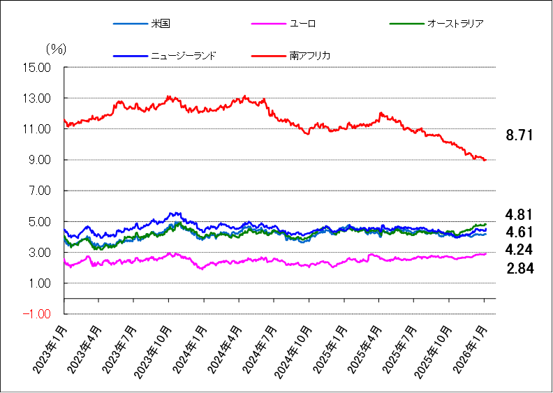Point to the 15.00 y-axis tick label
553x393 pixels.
(x=36, y=68)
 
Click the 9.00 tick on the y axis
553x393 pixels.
(x=38, y=160)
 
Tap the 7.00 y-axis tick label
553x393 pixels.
(x=38, y=191)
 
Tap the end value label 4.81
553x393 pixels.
(x=519, y=214)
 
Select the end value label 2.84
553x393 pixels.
(x=519, y=267)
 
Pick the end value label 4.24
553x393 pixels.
(x=519, y=249)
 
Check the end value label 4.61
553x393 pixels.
(x=519, y=232)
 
